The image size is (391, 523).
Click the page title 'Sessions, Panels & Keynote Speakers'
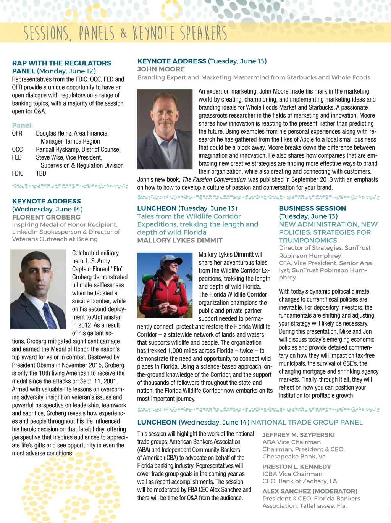click(x=125, y=33)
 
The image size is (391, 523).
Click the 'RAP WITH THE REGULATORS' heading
click(x=61, y=63)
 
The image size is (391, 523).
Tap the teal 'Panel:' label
click(x=22, y=125)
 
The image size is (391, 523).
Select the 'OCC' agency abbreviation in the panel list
click(x=17, y=149)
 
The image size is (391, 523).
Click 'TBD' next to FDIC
click(x=41, y=173)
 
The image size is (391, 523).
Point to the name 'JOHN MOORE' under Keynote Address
click(x=161, y=69)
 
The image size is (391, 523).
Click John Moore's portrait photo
click(x=165, y=129)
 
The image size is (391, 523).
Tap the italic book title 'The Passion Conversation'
click(x=214, y=179)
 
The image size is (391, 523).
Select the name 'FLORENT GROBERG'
click(x=46, y=217)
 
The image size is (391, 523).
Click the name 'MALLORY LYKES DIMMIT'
click(x=180, y=240)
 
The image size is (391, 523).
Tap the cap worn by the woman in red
click(x=169, y=260)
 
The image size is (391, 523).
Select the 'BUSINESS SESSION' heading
click(x=312, y=208)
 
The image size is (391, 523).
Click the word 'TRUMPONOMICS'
click(x=308, y=240)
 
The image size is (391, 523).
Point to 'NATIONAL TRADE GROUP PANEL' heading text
click(x=307, y=422)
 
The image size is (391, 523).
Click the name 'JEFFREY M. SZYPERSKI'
click(x=298, y=435)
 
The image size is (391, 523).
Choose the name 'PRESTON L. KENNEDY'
click(x=296, y=467)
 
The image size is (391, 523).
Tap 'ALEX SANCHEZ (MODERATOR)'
click(x=310, y=491)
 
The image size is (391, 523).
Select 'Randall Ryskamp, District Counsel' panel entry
click(x=78, y=149)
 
